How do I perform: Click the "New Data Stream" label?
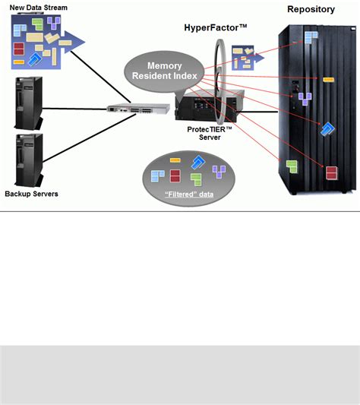click(38, 8)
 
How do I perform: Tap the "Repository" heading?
click(311, 10)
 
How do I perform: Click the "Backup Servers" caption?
click(31, 194)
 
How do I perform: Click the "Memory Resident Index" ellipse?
click(164, 71)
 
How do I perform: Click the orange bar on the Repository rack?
click(328, 78)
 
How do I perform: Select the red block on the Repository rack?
click(331, 172)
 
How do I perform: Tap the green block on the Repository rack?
click(292, 166)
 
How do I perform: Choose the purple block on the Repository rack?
click(305, 97)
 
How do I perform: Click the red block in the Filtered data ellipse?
click(175, 176)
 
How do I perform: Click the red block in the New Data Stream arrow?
click(19, 49)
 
